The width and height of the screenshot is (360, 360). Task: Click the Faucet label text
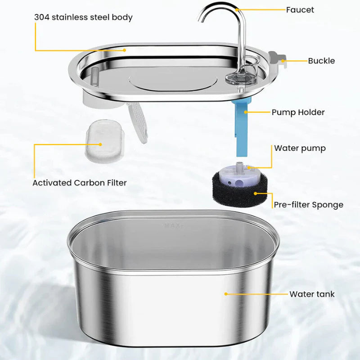[300, 9]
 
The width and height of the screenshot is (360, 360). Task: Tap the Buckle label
[321, 61]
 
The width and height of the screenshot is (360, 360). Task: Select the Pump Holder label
[298, 112]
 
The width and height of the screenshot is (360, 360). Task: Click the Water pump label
[300, 148]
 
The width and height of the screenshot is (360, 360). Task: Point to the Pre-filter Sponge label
[308, 205]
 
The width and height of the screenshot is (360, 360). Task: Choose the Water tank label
[312, 294]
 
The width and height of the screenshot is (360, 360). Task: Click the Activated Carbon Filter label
[80, 183]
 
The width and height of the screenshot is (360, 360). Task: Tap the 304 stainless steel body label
[83, 18]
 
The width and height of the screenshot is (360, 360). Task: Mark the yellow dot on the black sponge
[255, 193]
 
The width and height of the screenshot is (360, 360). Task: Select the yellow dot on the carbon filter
[100, 145]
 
